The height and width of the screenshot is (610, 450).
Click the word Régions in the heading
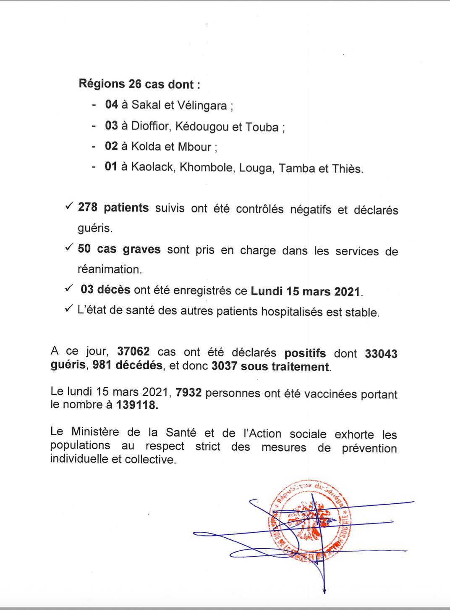pos(102,84)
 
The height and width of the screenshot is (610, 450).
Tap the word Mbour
pos(194,147)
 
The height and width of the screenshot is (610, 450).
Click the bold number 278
pos(87,207)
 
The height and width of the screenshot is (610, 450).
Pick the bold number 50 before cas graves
pos(84,249)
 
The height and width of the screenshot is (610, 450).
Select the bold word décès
pos(114,290)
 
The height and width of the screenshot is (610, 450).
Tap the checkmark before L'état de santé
pos(69,309)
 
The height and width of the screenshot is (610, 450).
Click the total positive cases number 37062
pos(133,352)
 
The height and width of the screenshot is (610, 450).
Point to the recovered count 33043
pos(381,354)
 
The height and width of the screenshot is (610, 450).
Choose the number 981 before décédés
pos(102,365)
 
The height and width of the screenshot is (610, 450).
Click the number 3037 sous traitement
pos(224,366)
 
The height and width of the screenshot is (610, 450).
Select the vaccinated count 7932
pos(188,393)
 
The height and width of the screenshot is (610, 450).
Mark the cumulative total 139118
pos(137,405)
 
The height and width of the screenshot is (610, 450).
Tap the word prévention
pos(369,448)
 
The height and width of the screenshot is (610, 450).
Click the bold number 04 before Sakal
pos(111,104)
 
